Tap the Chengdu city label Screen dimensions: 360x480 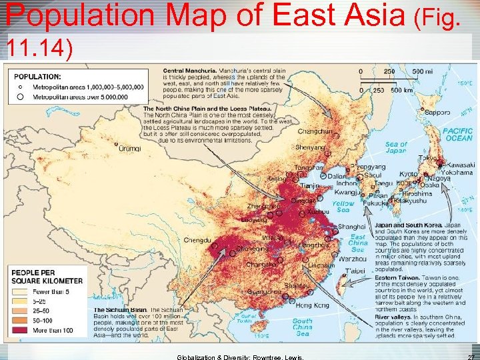(197, 240)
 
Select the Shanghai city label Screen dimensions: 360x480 (352, 227)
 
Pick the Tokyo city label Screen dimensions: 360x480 (428, 158)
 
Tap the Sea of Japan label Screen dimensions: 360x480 (395, 147)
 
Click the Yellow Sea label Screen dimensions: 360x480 (343, 207)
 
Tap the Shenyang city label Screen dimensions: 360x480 (311, 147)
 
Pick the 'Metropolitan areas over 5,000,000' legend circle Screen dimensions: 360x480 (20, 95)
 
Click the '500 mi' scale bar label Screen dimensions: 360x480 (421, 71)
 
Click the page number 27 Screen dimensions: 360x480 (470, 357)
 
